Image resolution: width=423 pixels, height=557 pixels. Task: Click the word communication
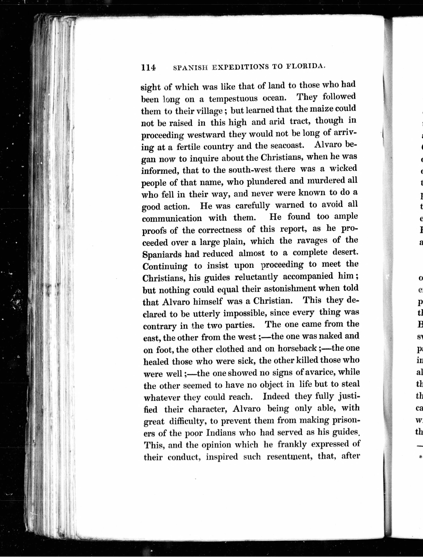click(172, 218)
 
